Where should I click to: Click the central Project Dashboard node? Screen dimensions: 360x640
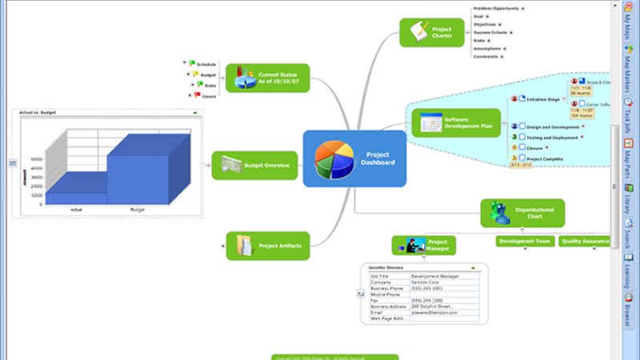coord(354,158)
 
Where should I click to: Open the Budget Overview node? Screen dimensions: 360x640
coord(254,165)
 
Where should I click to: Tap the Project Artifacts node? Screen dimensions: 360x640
coord(267,246)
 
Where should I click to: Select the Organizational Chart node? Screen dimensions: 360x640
coord(522,214)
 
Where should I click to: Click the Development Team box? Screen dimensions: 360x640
coord(524,241)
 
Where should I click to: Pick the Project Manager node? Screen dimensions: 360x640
coord(424,245)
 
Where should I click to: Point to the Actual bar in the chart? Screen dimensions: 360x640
coord(76,195)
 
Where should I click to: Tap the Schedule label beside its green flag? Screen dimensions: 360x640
coord(206,64)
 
